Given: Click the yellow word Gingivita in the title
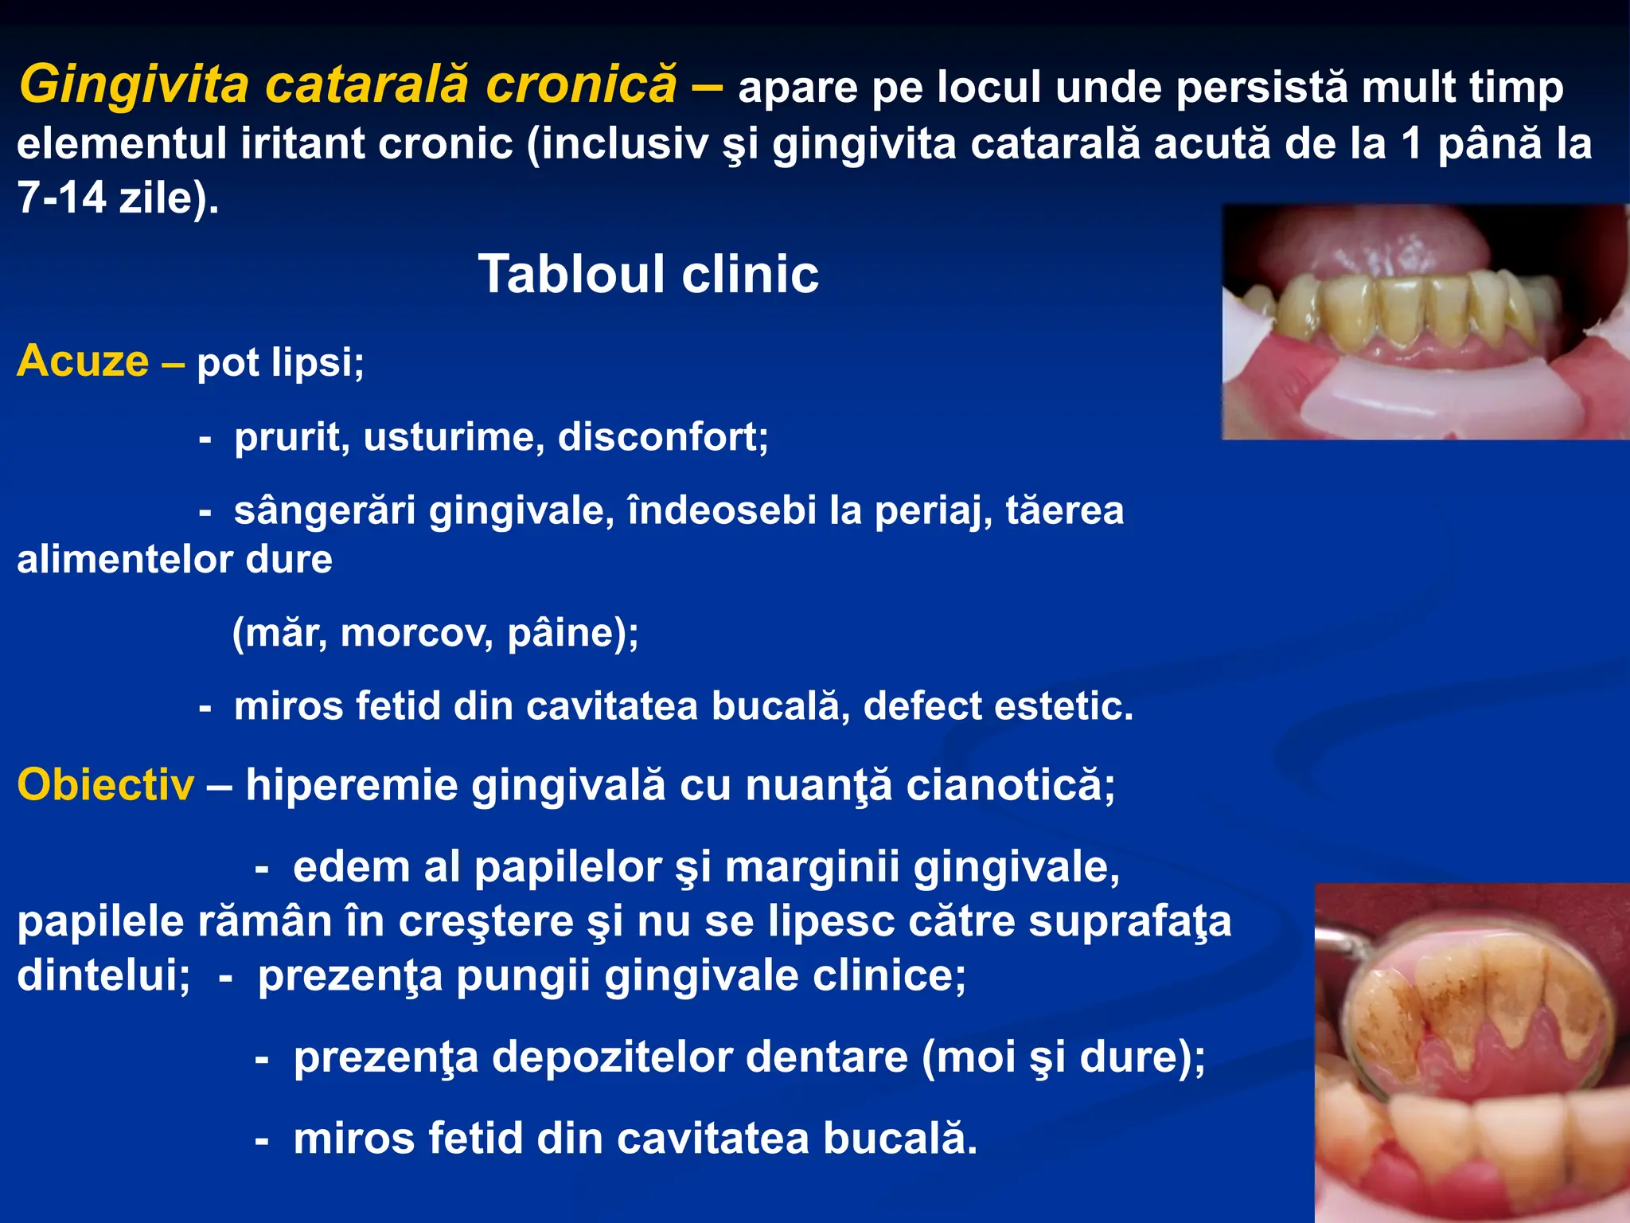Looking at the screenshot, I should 134,84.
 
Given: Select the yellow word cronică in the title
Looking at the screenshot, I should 581,84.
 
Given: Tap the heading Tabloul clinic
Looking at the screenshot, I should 648,275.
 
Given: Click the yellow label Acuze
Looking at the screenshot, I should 83,361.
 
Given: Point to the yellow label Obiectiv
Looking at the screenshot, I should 105,785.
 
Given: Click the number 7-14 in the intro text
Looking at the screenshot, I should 61,197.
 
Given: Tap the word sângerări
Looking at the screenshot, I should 324,510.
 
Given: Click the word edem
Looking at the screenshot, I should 350,867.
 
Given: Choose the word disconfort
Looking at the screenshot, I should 662,437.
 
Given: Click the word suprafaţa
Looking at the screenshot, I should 1129,922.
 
